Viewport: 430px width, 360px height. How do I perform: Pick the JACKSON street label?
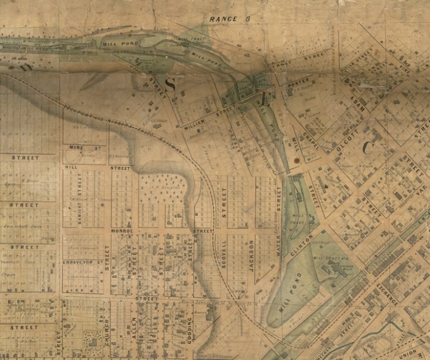(x=252, y=252)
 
